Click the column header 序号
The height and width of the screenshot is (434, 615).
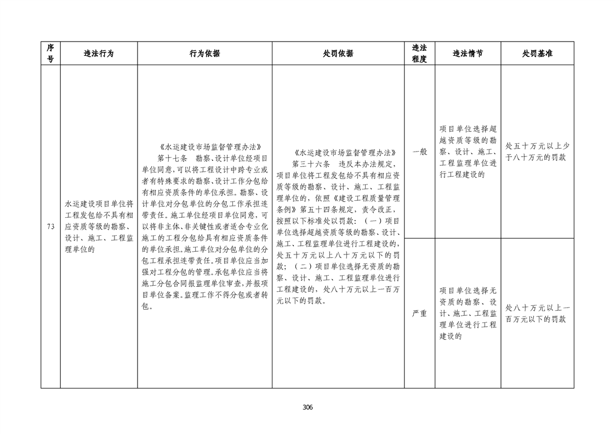coord(50,54)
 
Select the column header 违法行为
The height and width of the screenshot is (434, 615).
coord(99,54)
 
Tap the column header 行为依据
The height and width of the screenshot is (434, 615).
coord(204,54)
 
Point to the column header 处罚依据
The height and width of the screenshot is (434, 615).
coord(338,54)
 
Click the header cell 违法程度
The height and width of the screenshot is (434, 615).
coord(419,54)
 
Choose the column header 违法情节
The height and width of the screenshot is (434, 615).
coord(468,54)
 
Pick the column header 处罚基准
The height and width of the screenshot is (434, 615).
coord(537,54)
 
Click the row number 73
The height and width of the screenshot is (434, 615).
coord(50,227)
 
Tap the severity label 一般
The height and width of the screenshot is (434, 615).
coord(419,152)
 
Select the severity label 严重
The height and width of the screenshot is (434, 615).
coord(419,314)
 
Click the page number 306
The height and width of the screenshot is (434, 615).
coord(307,407)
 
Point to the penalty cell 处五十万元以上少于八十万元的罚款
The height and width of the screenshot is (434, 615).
coord(537,152)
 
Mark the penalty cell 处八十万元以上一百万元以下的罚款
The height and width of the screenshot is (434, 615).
coord(537,314)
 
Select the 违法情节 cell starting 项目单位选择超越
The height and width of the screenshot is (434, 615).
coord(468,152)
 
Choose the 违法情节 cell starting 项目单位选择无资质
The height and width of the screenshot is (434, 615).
coord(468,314)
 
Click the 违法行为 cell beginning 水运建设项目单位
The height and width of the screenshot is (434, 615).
coord(99,227)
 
